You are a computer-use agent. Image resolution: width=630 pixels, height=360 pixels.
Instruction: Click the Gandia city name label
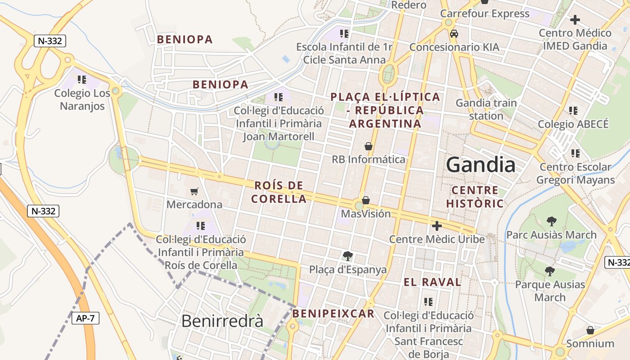point(481,165)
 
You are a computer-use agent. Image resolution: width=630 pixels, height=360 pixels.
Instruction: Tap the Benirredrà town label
point(222,321)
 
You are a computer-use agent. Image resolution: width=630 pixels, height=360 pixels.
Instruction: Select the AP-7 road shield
point(85,318)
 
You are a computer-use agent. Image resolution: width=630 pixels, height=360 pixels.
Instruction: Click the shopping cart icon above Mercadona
point(194,192)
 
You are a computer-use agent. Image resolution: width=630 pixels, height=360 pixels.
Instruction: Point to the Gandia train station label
point(486,109)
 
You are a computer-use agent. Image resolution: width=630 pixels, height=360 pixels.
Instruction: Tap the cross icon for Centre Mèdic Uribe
point(436,226)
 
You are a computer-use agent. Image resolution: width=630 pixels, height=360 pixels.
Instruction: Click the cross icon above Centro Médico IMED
point(575,20)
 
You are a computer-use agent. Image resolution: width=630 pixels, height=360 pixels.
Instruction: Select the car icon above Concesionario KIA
point(454,34)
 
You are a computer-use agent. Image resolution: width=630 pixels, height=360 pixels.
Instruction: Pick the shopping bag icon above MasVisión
point(366,200)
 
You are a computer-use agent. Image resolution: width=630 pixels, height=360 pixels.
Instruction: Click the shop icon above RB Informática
point(369,146)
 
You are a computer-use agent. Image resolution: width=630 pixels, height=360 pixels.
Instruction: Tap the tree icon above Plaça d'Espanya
point(347,256)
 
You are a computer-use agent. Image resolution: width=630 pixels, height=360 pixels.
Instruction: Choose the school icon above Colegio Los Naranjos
point(81,80)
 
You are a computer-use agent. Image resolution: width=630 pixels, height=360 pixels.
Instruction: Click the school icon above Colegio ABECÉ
point(573,110)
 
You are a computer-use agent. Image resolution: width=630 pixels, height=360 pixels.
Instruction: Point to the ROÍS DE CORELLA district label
point(279,192)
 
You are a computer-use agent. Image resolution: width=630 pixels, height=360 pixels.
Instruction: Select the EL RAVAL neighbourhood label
point(432,282)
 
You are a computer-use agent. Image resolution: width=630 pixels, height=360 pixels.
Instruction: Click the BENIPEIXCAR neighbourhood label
point(333,314)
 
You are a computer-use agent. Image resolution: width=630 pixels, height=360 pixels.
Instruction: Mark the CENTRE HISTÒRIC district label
point(475,197)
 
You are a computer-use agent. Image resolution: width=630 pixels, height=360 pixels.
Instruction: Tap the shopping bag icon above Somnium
point(590,331)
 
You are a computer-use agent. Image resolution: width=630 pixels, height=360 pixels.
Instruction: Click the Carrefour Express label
point(485,13)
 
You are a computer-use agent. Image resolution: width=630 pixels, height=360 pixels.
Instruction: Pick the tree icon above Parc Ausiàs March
point(551,221)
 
